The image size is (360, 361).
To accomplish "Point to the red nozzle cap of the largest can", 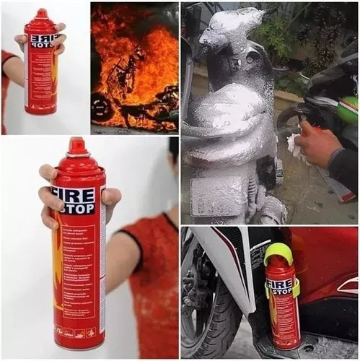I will (76, 147).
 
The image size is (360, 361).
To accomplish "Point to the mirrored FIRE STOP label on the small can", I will (43, 39).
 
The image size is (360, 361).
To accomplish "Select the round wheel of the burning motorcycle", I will (100, 107).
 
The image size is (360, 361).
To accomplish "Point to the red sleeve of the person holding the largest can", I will (152, 267).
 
